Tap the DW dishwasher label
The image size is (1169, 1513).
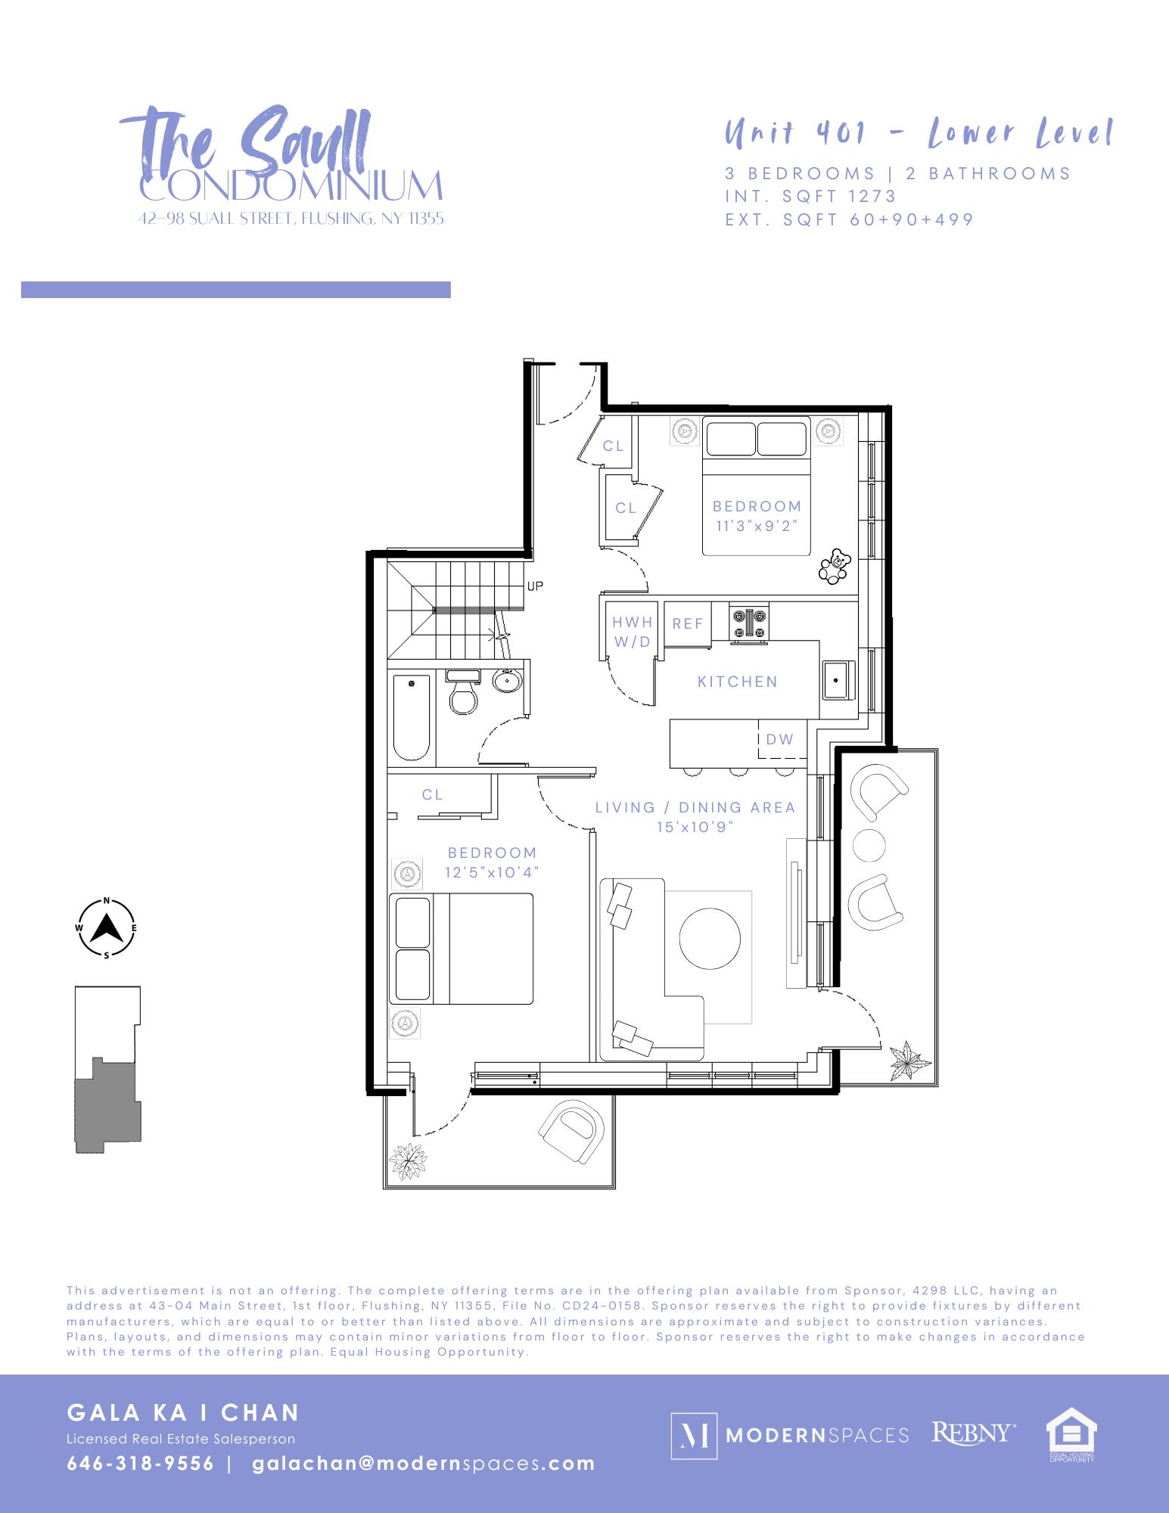click(780, 739)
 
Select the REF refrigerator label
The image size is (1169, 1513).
click(688, 623)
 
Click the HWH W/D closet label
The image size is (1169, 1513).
click(632, 632)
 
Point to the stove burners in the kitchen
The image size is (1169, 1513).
click(749, 624)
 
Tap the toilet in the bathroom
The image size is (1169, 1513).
click(463, 693)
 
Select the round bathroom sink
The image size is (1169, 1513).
click(506, 680)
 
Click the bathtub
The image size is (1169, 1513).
click(412, 717)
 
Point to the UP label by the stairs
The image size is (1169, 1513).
click(535, 586)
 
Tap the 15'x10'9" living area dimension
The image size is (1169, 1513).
click(695, 828)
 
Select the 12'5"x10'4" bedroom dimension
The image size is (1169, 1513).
click(491, 872)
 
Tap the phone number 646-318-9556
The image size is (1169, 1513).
click(141, 1463)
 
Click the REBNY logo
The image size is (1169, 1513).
click(973, 1434)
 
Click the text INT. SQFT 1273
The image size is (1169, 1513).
click(810, 196)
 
